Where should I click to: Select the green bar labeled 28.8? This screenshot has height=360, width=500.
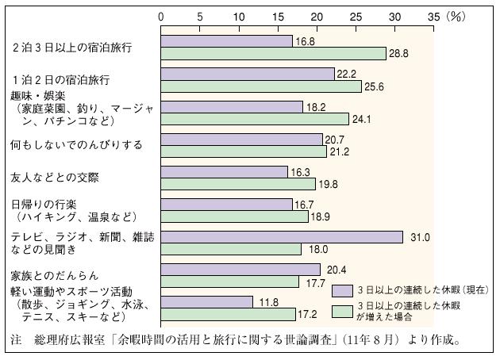(274, 53)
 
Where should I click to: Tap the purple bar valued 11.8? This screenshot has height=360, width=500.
(207, 302)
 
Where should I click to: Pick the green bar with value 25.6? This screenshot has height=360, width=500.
(261, 86)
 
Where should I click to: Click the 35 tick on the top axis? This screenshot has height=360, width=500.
(433, 15)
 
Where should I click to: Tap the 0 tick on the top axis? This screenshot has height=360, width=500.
(162, 15)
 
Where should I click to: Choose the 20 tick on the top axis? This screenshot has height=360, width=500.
(317, 15)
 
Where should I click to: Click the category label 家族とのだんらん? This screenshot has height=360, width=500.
(56, 275)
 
